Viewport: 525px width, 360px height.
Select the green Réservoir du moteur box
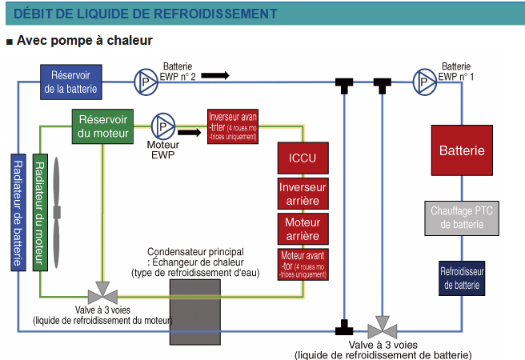(x=102, y=127)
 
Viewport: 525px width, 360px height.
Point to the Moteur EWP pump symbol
(x=163, y=126)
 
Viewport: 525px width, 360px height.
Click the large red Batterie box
(x=461, y=150)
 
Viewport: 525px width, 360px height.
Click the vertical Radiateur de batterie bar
(x=18, y=211)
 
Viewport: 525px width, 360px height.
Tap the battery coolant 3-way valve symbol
(x=383, y=329)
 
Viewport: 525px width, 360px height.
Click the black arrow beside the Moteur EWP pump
(x=190, y=134)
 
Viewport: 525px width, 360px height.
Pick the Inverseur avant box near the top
(x=233, y=126)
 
